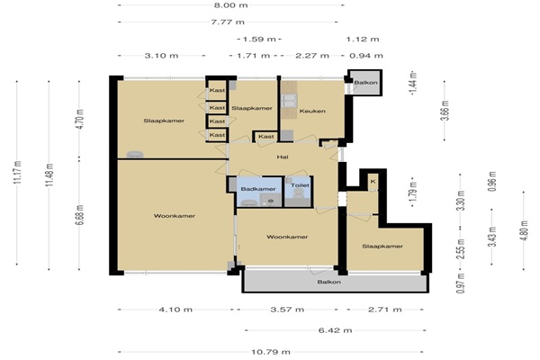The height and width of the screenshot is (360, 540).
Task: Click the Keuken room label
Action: (312, 111)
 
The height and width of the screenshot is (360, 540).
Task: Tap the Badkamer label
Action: (258, 189)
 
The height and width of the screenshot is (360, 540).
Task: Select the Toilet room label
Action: (300, 185)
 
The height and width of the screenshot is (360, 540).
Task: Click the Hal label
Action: (283, 157)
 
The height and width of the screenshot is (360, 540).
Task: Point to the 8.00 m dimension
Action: (230, 5)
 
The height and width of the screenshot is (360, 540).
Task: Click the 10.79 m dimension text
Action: (271, 352)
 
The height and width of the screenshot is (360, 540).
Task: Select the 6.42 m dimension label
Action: (335, 330)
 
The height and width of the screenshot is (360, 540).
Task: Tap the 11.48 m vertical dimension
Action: (49, 175)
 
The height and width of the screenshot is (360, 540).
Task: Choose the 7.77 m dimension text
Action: (228, 22)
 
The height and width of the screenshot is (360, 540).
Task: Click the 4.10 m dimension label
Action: (175, 310)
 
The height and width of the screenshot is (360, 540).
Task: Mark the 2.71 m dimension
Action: (384, 310)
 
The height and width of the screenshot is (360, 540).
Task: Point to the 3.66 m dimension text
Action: (445, 110)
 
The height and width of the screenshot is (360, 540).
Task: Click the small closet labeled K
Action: (373, 181)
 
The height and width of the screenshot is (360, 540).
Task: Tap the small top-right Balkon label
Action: (365, 83)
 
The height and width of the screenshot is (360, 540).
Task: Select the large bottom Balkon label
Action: (328, 282)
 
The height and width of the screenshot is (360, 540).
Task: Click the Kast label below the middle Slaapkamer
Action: (266, 137)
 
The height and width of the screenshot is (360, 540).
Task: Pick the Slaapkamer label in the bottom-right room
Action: (382, 247)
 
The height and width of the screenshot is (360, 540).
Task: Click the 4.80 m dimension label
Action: (524, 230)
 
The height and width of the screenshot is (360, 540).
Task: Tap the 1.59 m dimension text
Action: (259, 40)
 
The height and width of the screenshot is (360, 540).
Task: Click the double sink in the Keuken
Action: (289, 101)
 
